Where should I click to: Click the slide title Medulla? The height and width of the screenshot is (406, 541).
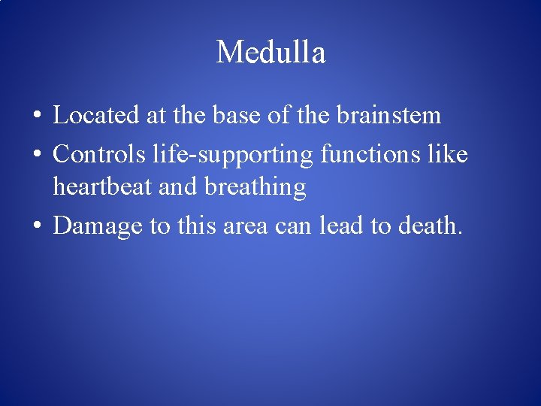point(270,53)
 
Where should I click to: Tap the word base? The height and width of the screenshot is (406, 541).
point(240,116)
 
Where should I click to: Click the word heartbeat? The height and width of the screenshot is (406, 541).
point(104,187)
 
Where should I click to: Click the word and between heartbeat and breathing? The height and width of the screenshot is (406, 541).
point(177,187)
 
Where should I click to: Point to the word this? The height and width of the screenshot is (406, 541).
point(198,226)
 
